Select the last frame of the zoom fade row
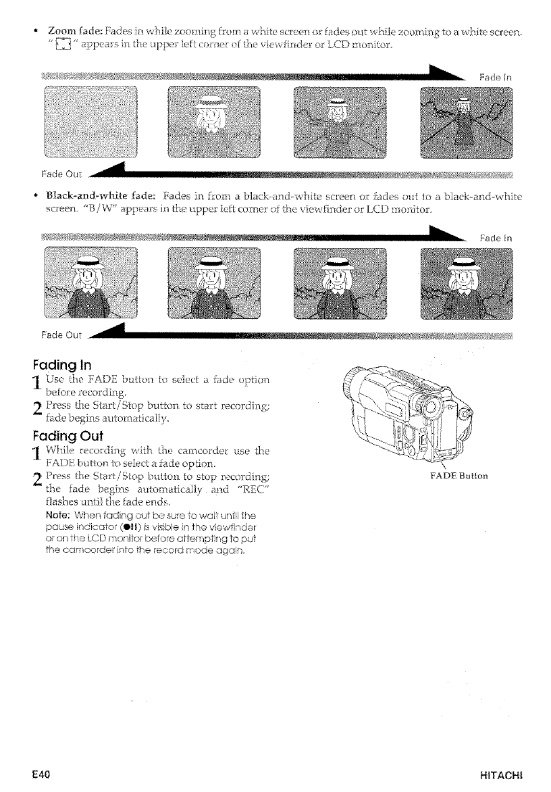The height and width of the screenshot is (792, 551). pos(465,123)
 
